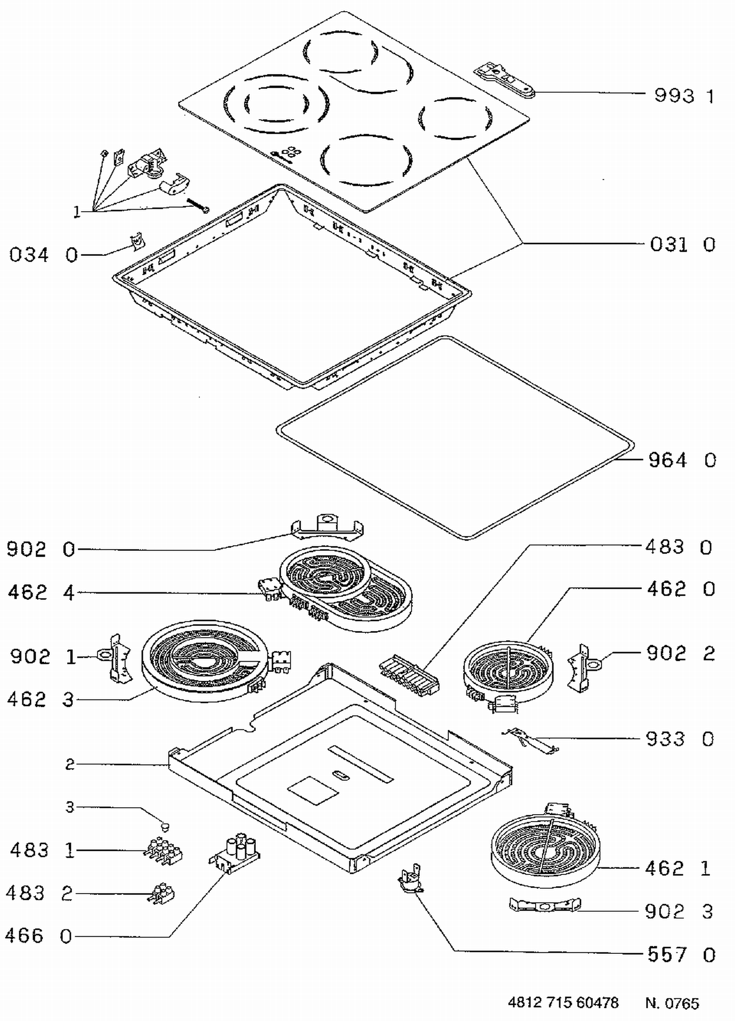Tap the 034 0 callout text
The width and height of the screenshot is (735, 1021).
pyautogui.click(x=44, y=255)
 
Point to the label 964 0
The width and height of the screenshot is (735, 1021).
pyautogui.click(x=683, y=460)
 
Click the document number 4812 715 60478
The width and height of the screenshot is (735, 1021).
pyautogui.click(x=563, y=1002)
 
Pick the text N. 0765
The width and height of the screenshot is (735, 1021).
pyautogui.click(x=672, y=1003)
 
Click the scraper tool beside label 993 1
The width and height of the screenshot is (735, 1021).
pyautogui.click(x=504, y=79)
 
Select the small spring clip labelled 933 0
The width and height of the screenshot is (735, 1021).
pyautogui.click(x=530, y=741)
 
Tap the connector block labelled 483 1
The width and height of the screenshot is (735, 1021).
pyautogui.click(x=163, y=851)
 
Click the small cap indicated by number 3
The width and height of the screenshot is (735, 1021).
pyautogui.click(x=165, y=827)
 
